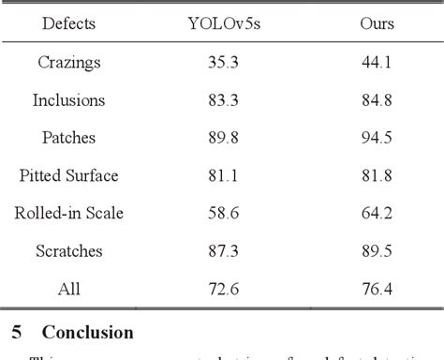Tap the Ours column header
377,23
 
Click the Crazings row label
68,62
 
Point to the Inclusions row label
68,99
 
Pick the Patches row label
68,138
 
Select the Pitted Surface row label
68,175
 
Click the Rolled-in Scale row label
68,214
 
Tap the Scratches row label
68,251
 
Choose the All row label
68,289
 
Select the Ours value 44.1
377,62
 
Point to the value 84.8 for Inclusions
377,99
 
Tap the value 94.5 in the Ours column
377,138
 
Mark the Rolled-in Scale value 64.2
377,214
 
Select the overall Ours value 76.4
377,289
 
